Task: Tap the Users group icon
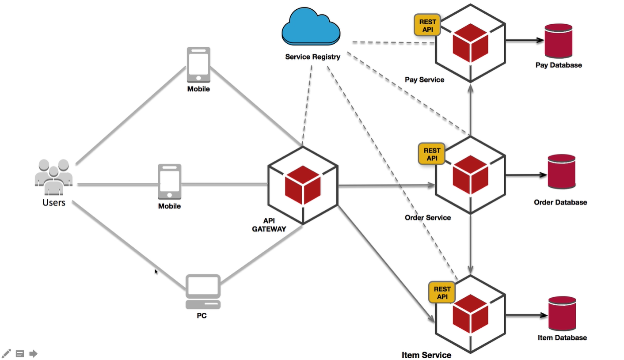click(53, 177)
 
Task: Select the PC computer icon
click(203, 292)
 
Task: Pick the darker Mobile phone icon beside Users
click(170, 182)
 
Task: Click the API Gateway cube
click(303, 185)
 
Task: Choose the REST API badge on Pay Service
click(427, 25)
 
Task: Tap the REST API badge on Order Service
click(432, 154)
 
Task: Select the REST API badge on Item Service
click(442, 292)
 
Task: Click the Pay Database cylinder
click(558, 41)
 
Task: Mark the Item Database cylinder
click(562, 314)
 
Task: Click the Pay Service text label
click(424, 80)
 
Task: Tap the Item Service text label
click(426, 355)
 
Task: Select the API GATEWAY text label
click(269, 225)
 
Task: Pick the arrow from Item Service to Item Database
click(526, 315)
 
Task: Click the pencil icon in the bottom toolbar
click(6, 353)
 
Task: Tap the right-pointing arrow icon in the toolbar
click(33, 353)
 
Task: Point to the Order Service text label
click(427, 217)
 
